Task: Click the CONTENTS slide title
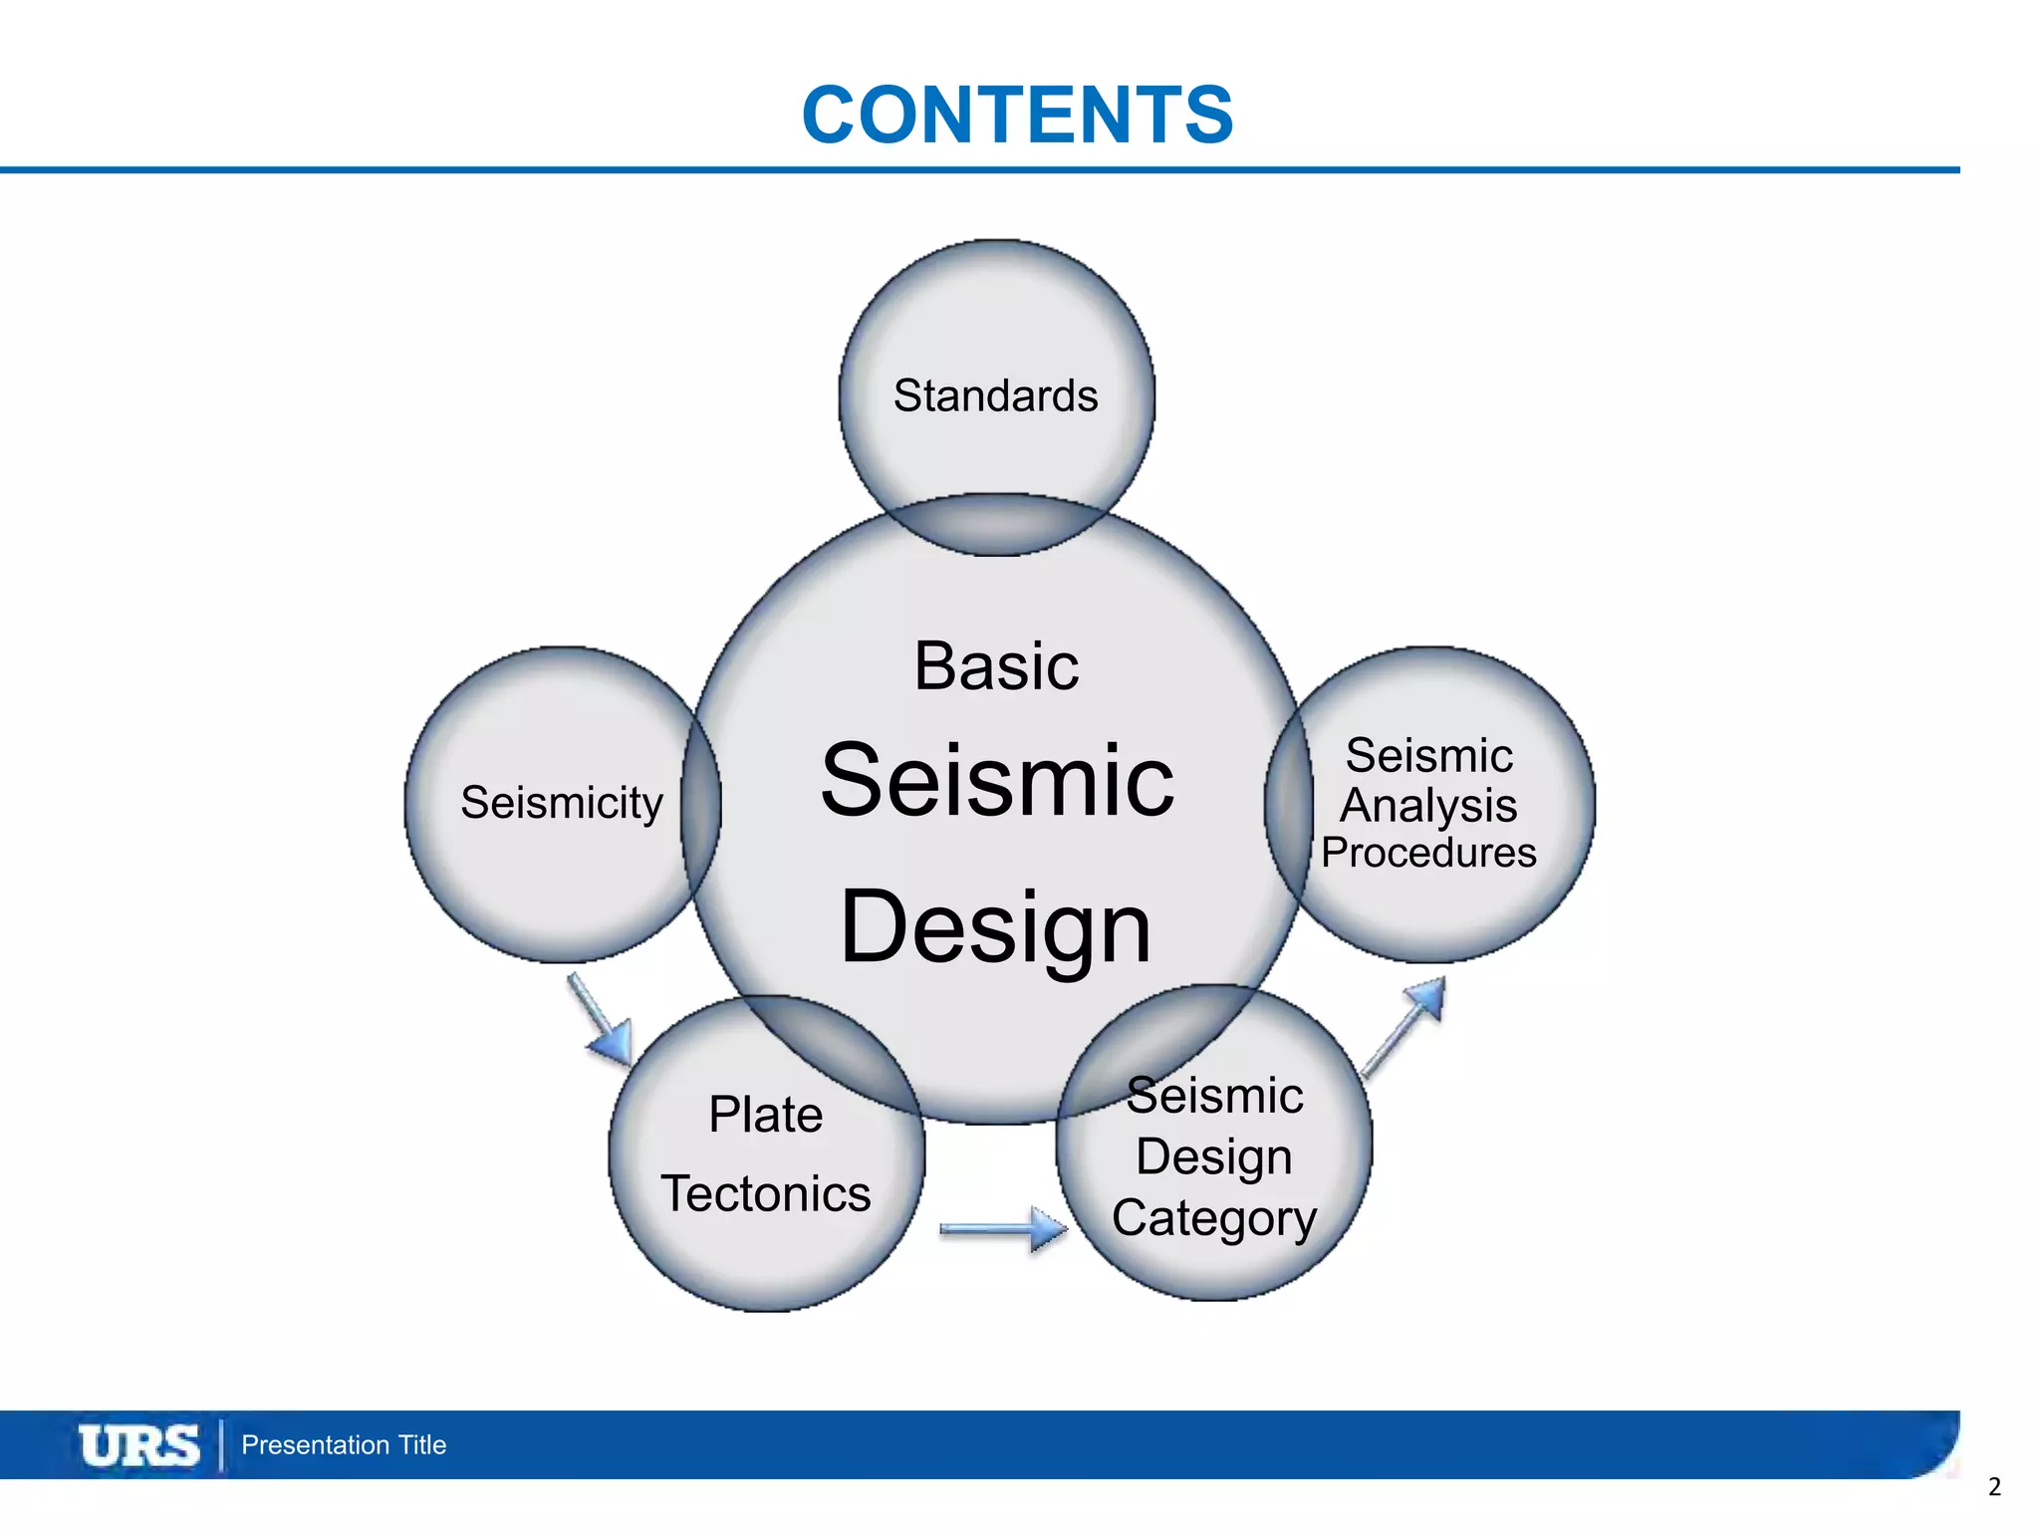1017,115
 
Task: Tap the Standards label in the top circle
995,395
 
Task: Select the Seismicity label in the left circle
562,803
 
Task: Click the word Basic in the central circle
996,665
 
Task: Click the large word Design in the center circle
996,926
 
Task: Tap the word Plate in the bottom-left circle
765,1114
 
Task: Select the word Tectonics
765,1193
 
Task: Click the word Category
1214,1218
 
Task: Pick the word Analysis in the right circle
1428,805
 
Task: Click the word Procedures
1428,853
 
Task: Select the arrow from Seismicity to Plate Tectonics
601,1019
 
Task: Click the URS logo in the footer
138,1445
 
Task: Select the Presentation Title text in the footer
344,1445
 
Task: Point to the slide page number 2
1994,1487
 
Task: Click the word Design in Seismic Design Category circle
1214,1156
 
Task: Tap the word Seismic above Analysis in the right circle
1428,756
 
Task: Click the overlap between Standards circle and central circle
996,525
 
